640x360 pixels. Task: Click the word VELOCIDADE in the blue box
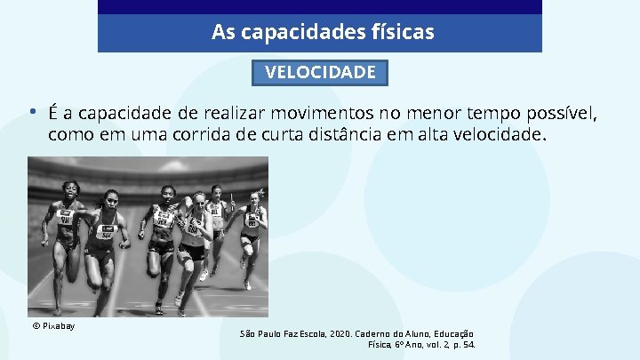click(320, 72)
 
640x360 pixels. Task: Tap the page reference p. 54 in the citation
click(464, 343)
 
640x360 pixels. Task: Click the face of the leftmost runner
click(70, 189)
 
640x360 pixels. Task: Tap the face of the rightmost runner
click(256, 198)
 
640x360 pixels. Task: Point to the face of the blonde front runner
click(197, 202)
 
